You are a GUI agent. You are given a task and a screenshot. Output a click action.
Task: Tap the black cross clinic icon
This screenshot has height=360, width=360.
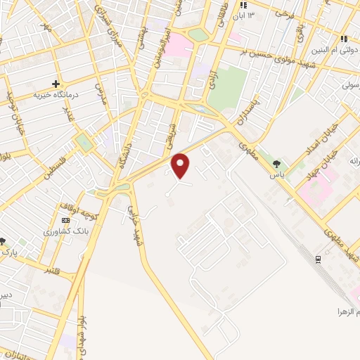click(56, 84)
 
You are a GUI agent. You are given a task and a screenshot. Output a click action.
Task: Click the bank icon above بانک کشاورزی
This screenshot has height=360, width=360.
click(65, 220)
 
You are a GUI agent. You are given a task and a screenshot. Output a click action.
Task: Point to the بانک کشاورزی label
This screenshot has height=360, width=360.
click(65, 231)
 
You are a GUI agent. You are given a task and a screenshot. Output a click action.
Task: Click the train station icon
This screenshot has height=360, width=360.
click(318, 259)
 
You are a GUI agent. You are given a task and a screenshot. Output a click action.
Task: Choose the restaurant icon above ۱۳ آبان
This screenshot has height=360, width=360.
click(243, 5)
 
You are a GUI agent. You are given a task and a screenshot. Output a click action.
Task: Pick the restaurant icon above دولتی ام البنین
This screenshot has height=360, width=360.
click(344, 39)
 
